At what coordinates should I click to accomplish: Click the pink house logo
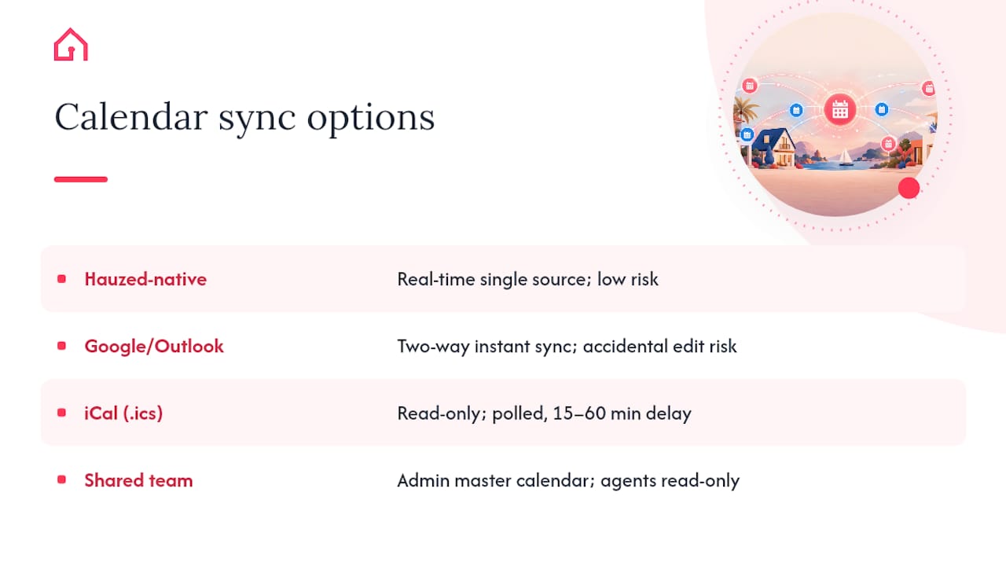71,45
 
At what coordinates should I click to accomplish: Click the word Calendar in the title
130,116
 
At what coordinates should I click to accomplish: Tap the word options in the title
371,119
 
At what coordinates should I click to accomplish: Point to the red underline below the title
81,179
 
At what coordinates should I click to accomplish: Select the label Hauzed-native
145,279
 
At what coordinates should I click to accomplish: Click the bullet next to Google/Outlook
61,346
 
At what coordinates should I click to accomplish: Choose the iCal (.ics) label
123,413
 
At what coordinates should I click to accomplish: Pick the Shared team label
139,480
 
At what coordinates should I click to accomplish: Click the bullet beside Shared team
61,480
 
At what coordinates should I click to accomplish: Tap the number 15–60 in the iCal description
579,413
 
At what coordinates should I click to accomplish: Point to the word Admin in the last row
423,480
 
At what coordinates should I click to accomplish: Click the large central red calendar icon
839,109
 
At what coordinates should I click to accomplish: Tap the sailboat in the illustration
845,158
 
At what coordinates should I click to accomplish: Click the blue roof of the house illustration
771,139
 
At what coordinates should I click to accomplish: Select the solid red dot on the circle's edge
909,188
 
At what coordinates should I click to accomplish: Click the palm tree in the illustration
743,111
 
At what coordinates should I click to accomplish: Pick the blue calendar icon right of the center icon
882,109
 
